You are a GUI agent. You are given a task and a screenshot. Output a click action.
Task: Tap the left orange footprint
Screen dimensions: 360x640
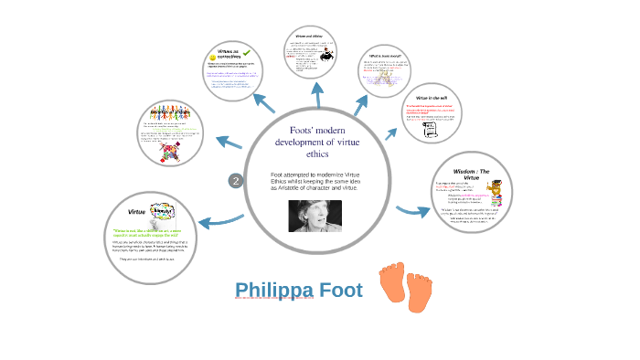pyautogui.click(x=393, y=284)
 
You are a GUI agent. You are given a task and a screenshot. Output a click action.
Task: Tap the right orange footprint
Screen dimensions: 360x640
pyautogui.click(x=419, y=291)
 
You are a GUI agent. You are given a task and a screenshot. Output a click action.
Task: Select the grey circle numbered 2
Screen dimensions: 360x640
pyautogui.click(x=235, y=181)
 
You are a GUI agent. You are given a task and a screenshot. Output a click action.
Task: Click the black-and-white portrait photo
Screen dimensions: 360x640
pyautogui.click(x=315, y=216)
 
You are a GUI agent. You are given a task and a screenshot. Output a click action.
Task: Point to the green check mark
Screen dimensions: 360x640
pyautogui.click(x=247, y=55)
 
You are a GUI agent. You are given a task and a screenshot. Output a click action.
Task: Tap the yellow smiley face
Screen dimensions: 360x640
pyautogui.click(x=213, y=58)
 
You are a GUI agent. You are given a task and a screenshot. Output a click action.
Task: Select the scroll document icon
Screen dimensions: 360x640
pyautogui.click(x=432, y=131)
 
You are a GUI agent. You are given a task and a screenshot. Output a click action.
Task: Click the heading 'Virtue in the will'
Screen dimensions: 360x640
pyautogui.click(x=431, y=97)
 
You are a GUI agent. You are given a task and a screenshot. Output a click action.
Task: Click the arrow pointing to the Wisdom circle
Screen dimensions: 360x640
pyautogui.click(x=412, y=211)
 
